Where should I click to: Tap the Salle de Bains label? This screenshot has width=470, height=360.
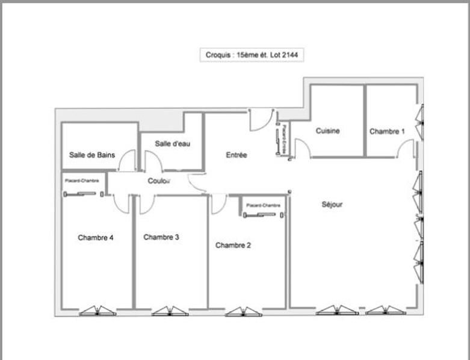pos(91,155)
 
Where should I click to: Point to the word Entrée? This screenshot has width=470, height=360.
pos(237,155)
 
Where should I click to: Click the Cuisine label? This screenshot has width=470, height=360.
pos(328,131)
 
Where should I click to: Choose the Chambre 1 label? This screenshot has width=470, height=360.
pos(387,131)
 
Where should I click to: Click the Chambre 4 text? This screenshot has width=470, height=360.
pos(96,238)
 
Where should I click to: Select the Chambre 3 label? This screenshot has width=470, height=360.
pos(161,237)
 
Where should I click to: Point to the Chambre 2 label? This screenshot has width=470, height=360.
pos(233,245)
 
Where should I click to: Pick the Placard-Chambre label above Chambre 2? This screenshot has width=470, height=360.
pos(263,205)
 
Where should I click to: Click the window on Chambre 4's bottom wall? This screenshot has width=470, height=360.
pos(97,311)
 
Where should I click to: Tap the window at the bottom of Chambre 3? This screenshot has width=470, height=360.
pos(170,311)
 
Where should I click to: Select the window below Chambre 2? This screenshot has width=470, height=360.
pos(243,311)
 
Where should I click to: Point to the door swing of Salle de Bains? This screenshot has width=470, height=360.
pos(127,161)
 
